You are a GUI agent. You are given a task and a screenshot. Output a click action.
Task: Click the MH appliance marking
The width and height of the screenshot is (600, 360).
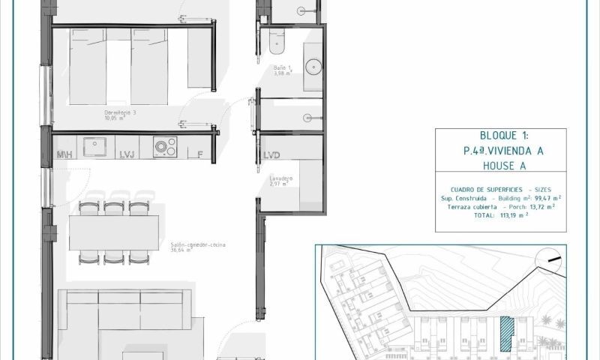pyautogui.click(x=64, y=154)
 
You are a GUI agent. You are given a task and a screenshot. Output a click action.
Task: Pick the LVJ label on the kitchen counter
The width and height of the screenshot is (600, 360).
pyautogui.click(x=127, y=154)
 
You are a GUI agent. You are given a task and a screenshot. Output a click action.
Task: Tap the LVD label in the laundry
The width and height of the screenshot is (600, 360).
pyautogui.click(x=271, y=155)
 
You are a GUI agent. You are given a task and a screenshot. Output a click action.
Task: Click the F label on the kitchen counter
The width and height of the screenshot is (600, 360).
pyautogui.click(x=199, y=154)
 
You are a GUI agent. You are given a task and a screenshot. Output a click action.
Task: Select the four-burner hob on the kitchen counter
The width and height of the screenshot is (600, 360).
pyautogui.click(x=165, y=146)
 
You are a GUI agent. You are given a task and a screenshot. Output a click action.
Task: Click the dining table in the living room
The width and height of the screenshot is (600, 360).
pyautogui.click(x=114, y=232)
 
